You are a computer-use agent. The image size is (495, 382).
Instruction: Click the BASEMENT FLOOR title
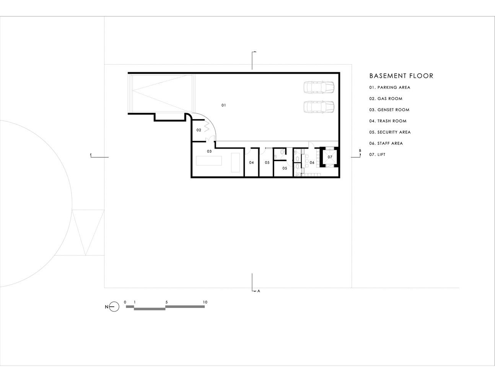coord(401,76)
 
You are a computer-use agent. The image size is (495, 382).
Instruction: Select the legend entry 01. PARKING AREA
coord(389,87)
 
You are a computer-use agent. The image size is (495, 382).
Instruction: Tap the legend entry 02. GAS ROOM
coord(386,99)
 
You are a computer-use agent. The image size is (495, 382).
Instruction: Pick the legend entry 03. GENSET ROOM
coord(389,110)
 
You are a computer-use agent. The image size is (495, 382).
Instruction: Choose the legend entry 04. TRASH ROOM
coord(388,121)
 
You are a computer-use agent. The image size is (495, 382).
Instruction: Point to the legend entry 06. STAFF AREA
coord(386,143)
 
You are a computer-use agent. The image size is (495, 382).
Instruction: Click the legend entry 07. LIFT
coord(377,154)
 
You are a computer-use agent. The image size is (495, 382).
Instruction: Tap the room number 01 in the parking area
coord(224,105)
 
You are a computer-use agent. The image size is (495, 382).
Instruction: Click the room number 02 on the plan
coord(199,130)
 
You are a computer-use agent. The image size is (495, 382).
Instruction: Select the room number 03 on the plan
coord(209,151)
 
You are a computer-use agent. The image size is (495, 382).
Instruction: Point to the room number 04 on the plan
coord(251,163)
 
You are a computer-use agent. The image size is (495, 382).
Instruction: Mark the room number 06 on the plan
coord(312,163)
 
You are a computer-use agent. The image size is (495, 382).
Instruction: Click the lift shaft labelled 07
coord(330,157)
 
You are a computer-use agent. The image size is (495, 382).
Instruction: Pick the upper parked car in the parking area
coord(319,87)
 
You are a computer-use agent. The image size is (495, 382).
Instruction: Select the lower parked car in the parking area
coord(319,107)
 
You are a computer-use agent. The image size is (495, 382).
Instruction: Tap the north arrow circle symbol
coord(114,307)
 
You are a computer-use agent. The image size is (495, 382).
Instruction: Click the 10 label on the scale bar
coord(205,302)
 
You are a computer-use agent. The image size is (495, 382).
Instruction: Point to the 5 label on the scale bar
coord(166,302)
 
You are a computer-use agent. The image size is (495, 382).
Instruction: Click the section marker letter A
coord(259,291)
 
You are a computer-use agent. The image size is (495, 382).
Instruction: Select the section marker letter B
coord(360,151)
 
